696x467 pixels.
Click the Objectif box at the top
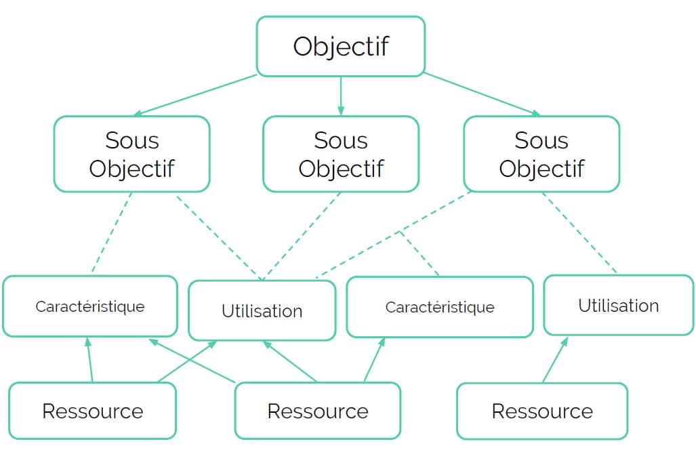pyautogui.click(x=340, y=46)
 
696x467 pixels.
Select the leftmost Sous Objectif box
pyautogui.click(x=131, y=154)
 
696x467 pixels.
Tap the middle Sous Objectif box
pyautogui.click(x=340, y=154)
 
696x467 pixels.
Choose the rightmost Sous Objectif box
pyautogui.click(x=541, y=154)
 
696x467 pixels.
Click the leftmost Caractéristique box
pyautogui.click(x=89, y=306)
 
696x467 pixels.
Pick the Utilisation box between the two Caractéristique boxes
pyautogui.click(x=262, y=311)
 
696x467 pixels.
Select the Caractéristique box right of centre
pyautogui.click(x=439, y=307)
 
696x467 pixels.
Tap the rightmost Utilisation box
pyautogui.click(x=618, y=305)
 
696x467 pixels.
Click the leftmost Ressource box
pyautogui.click(x=92, y=411)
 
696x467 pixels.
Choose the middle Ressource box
pyautogui.click(x=317, y=411)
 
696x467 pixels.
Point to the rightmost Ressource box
pyautogui.click(x=541, y=411)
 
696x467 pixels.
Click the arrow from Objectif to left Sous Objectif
pyautogui.click(x=197, y=95)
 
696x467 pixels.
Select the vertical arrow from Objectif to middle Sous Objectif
pyautogui.click(x=340, y=95)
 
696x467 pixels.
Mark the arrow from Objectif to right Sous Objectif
pyautogui.click(x=483, y=95)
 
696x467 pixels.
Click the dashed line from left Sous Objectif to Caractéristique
pyautogui.click(x=111, y=234)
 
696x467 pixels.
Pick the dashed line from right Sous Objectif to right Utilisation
pyautogui.click(x=579, y=234)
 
